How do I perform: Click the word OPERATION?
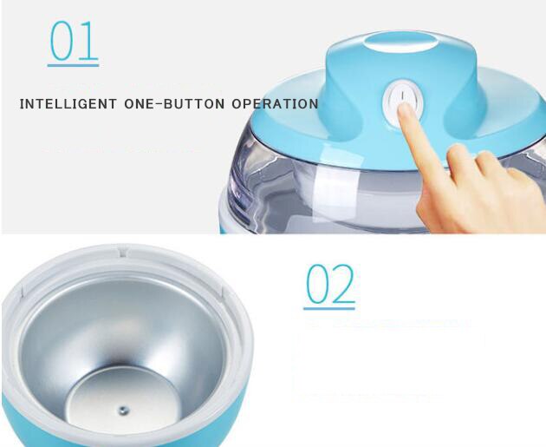(x=275, y=104)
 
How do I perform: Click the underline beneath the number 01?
(x=73, y=65)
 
